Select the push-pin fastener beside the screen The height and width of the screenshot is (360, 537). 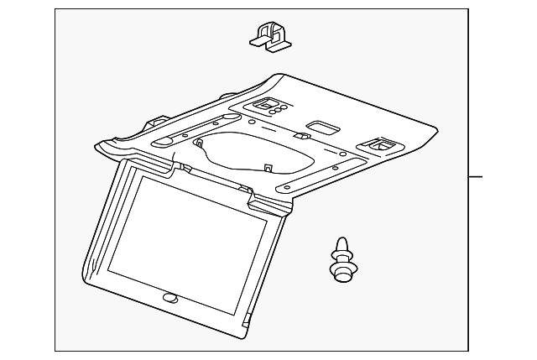tap(341, 258)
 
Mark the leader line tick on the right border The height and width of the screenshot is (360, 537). tap(476, 177)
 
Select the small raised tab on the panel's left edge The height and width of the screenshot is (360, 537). tap(156, 118)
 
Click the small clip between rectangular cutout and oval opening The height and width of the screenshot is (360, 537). tap(300, 135)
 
